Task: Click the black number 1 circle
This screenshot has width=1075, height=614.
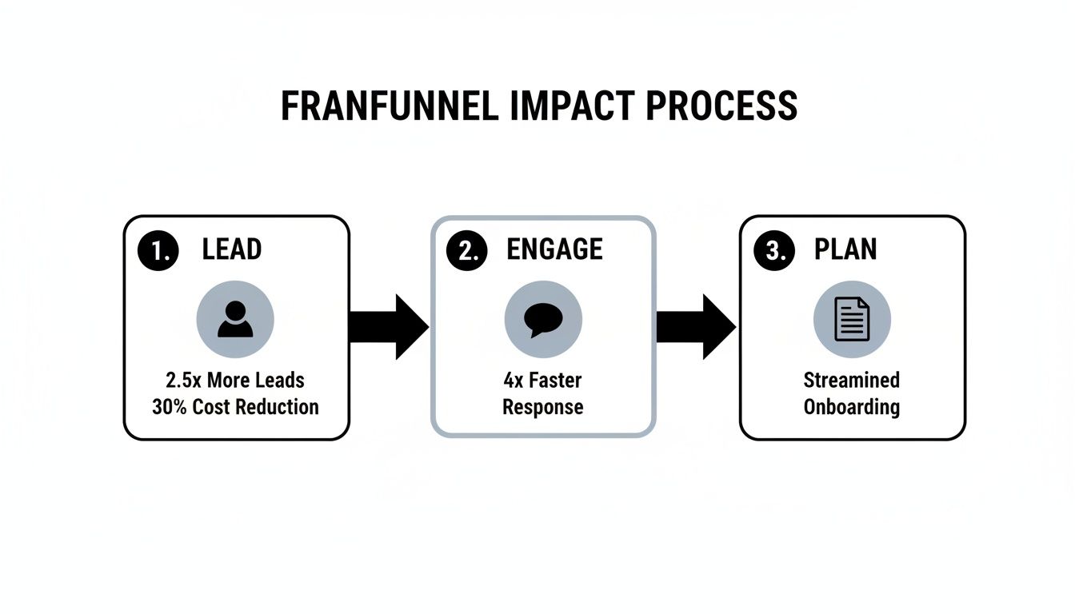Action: [x=157, y=250]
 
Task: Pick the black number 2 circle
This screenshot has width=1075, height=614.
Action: [x=466, y=250]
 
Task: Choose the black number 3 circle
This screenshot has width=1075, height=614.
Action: [x=773, y=250]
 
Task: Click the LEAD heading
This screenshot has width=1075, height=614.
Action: [x=231, y=250]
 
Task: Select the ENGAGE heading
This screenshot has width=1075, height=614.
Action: [x=554, y=250]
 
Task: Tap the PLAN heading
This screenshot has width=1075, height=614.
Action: [x=845, y=250]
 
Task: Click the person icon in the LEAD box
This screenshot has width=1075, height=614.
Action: [x=235, y=320]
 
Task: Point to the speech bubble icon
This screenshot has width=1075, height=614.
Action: [x=543, y=320]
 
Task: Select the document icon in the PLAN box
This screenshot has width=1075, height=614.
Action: [x=852, y=320]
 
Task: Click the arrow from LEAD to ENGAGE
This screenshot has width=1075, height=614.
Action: [x=390, y=327]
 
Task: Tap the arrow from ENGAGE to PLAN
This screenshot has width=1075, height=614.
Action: [x=697, y=327]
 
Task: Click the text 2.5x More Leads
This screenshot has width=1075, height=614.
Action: [x=235, y=379]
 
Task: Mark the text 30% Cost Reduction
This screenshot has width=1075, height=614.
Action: [x=235, y=406]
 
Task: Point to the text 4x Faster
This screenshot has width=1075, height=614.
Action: [x=543, y=379]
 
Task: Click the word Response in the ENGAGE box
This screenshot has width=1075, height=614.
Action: [x=543, y=406]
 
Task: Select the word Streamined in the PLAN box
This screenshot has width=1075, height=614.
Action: [x=852, y=379]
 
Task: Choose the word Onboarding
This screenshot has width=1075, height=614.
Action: [x=852, y=406]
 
